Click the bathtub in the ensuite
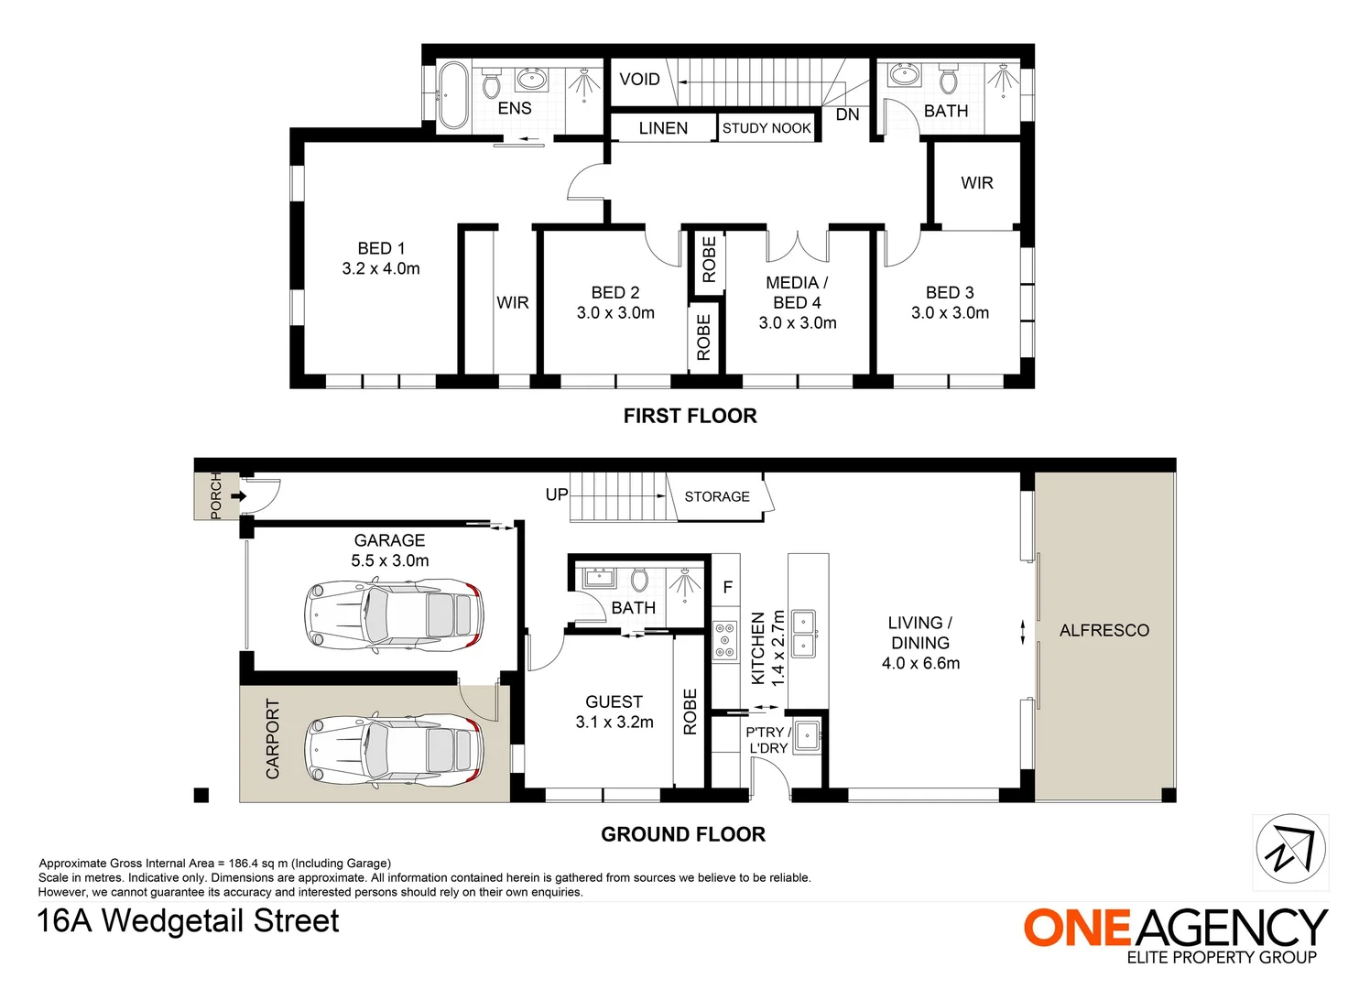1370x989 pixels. pyautogui.click(x=453, y=95)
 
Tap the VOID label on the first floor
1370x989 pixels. pyautogui.click(x=640, y=80)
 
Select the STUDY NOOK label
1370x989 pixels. pyautogui.click(x=767, y=128)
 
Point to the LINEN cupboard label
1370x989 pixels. pyautogui.click(x=664, y=128)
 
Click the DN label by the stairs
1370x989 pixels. pyautogui.click(x=848, y=114)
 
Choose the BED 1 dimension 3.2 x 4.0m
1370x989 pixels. pyautogui.click(x=381, y=268)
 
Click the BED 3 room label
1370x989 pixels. pyautogui.click(x=950, y=292)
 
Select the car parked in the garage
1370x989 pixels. pyautogui.click(x=395, y=615)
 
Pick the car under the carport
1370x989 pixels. pyautogui.click(x=395, y=750)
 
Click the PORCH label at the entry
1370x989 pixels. pyautogui.click(x=215, y=496)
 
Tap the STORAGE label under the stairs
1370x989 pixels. pyautogui.click(x=717, y=496)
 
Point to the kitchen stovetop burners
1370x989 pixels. pyautogui.click(x=726, y=640)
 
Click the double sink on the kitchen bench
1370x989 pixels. pyautogui.click(x=804, y=633)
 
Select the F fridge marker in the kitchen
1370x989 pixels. pyautogui.click(x=728, y=588)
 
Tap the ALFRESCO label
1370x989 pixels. pyautogui.click(x=1104, y=631)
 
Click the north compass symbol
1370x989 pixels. pyautogui.click(x=1291, y=849)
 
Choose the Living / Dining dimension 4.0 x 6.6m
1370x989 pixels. pyautogui.click(x=920, y=663)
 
